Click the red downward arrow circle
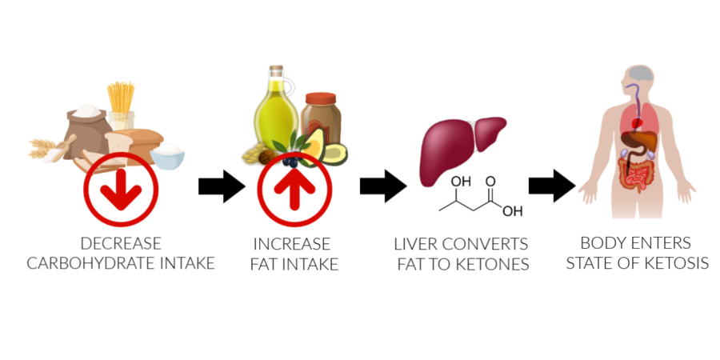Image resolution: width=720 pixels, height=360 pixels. [121, 189]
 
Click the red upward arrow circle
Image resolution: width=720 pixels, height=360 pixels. [294, 189]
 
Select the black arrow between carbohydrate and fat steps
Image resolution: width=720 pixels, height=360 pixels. [222, 186]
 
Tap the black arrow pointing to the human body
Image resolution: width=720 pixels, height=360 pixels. [552, 186]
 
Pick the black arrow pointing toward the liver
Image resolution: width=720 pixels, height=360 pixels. [383, 186]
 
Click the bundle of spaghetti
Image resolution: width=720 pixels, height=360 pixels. [122, 98]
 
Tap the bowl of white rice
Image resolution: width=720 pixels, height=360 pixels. [167, 156]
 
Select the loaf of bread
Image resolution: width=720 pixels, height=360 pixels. [134, 142]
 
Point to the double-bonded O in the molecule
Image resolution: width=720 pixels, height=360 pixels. [490, 182]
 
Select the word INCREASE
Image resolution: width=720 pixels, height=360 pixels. [292, 244]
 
